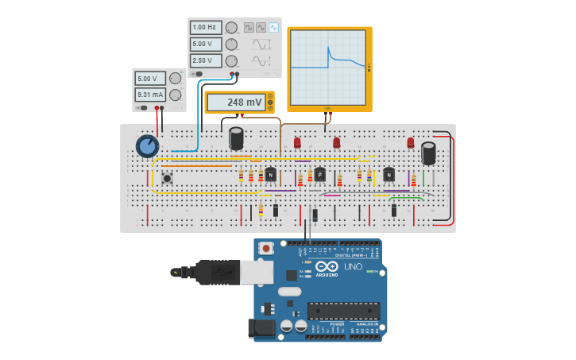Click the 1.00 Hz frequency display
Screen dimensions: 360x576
click(205, 27)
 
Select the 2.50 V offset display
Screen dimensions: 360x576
click(205, 60)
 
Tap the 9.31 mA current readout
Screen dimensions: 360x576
click(149, 95)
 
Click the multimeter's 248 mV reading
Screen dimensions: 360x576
click(236, 102)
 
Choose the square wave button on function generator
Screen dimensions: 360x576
click(249, 27)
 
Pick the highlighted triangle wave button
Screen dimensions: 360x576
click(273, 27)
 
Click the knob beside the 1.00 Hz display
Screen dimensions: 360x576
click(231, 27)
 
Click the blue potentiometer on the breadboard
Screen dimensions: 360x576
click(147, 146)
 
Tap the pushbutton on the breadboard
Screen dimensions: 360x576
click(167, 178)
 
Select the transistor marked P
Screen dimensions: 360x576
click(319, 174)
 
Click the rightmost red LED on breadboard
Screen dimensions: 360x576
click(411, 143)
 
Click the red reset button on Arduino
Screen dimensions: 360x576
click(265, 248)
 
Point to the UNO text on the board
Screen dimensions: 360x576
click(352, 267)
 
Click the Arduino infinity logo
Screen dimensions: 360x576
click(327, 266)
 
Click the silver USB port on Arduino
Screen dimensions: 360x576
click(257, 273)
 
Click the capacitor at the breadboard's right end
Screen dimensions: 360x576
click(428, 153)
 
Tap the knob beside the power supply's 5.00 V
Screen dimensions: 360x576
click(176, 78)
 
